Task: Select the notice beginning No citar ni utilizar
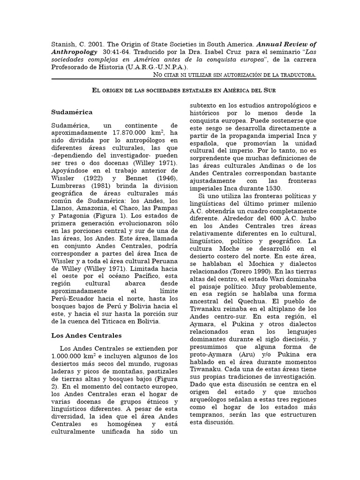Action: (235, 75)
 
